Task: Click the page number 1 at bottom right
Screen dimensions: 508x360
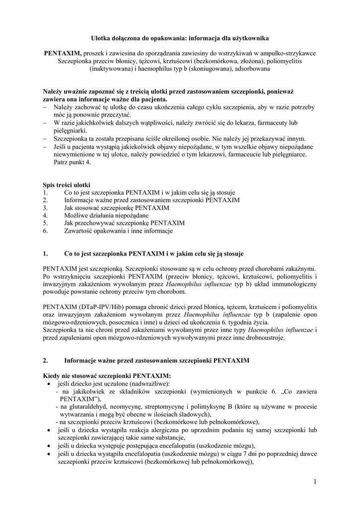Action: click(315, 481)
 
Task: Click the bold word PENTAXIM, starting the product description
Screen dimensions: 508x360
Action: click(63, 53)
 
